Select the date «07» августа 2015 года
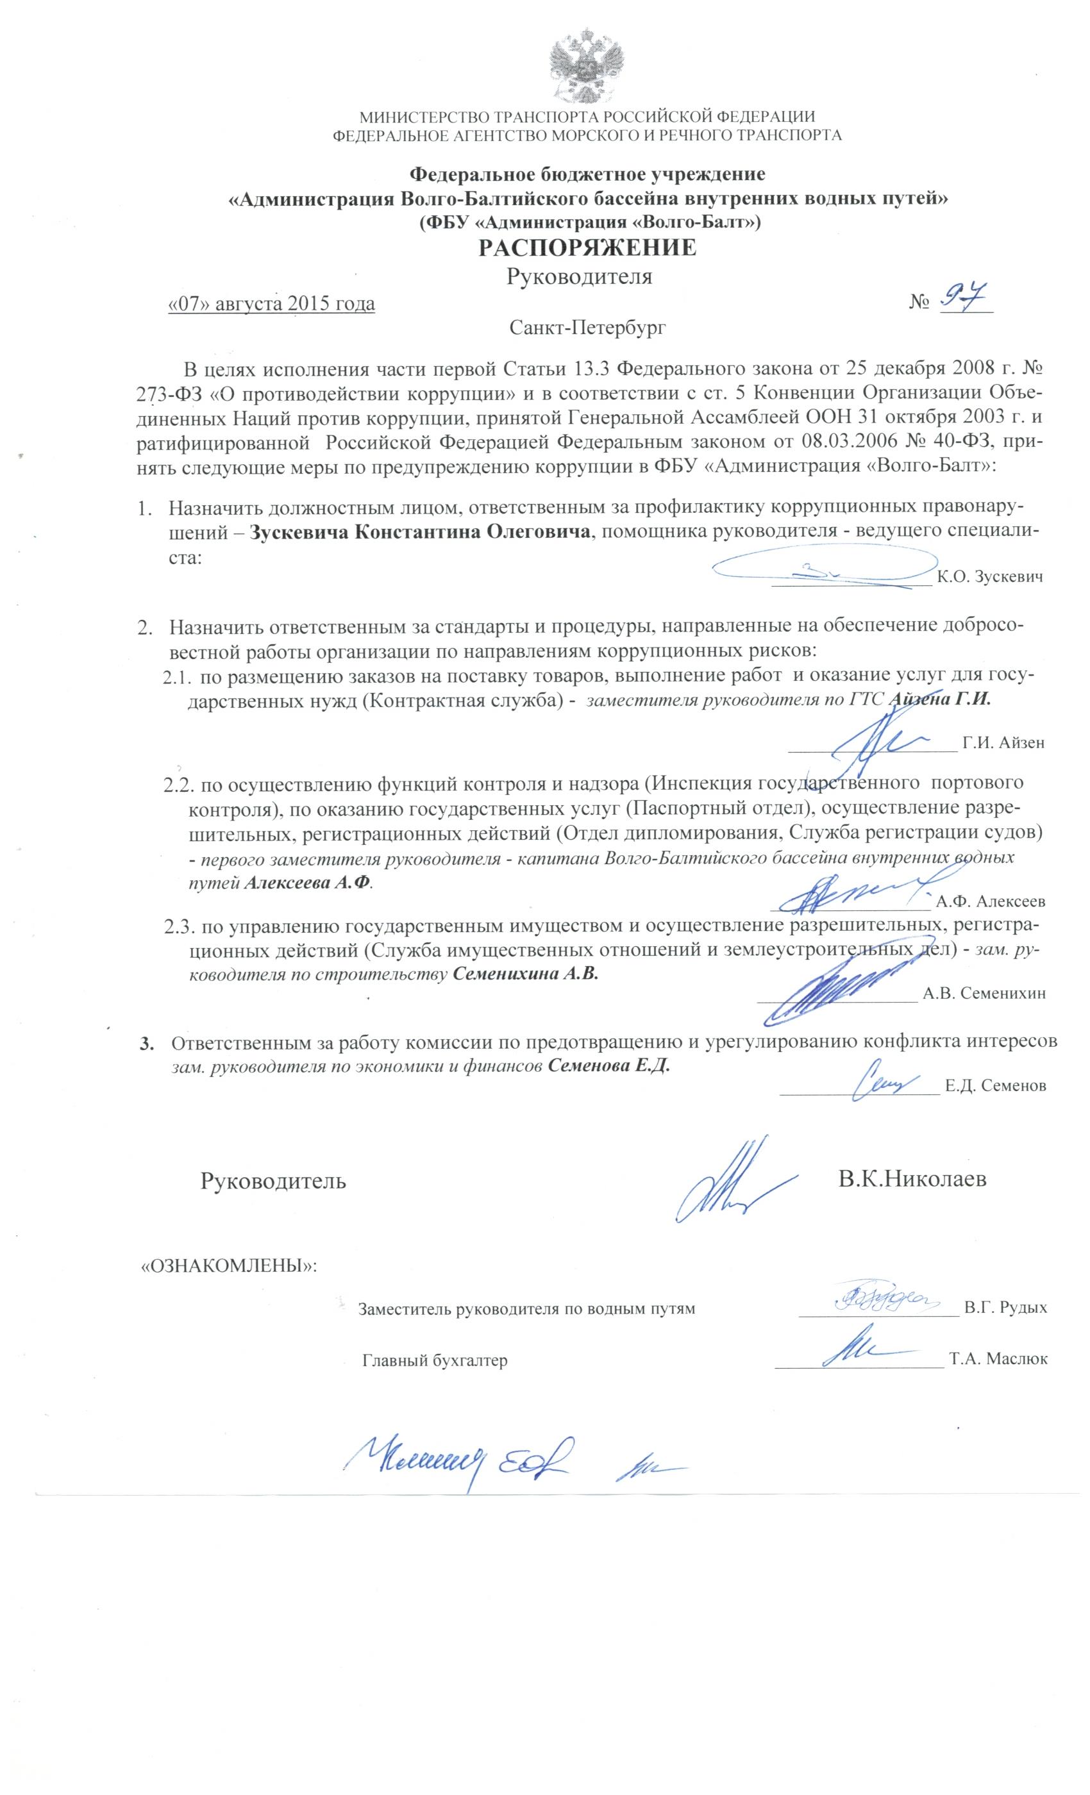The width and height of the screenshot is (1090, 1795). pos(271,304)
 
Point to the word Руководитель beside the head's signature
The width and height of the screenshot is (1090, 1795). pos(273,1181)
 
